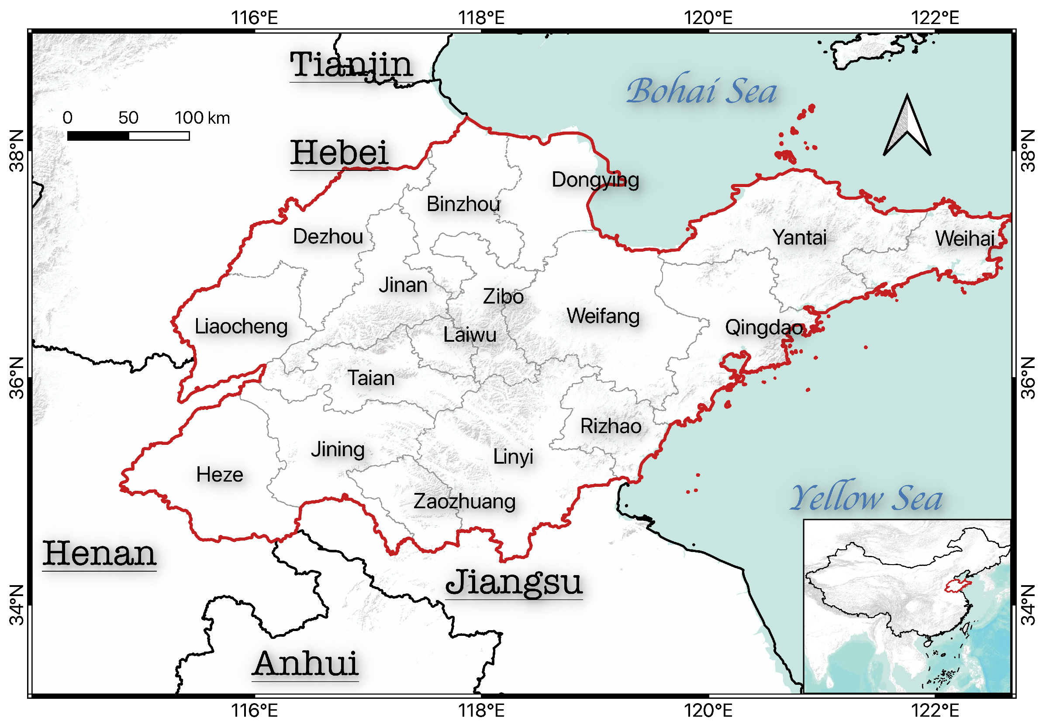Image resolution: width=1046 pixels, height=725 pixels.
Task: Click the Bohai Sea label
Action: pyautogui.click(x=701, y=91)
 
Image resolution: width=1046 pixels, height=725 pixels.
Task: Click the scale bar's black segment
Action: pyautogui.click(x=98, y=136)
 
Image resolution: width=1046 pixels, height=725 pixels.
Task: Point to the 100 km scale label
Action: pyautogui.click(x=202, y=118)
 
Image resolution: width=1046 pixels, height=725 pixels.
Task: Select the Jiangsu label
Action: pyautogui.click(x=514, y=583)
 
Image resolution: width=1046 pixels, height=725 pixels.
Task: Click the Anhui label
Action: pyautogui.click(x=305, y=664)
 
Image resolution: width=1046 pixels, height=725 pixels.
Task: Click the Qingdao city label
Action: pyautogui.click(x=763, y=327)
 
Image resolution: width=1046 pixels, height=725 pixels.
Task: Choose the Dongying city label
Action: pyautogui.click(x=595, y=180)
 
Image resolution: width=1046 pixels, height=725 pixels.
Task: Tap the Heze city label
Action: pyautogui.click(x=220, y=475)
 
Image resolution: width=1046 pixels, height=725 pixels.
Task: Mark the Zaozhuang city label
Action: pyautogui.click(x=464, y=502)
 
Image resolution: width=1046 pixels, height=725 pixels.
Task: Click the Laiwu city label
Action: pyautogui.click(x=470, y=335)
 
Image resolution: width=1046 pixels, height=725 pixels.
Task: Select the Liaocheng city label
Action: pyautogui.click(x=241, y=326)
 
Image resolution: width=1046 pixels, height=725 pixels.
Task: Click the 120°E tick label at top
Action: pyautogui.click(x=708, y=18)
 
